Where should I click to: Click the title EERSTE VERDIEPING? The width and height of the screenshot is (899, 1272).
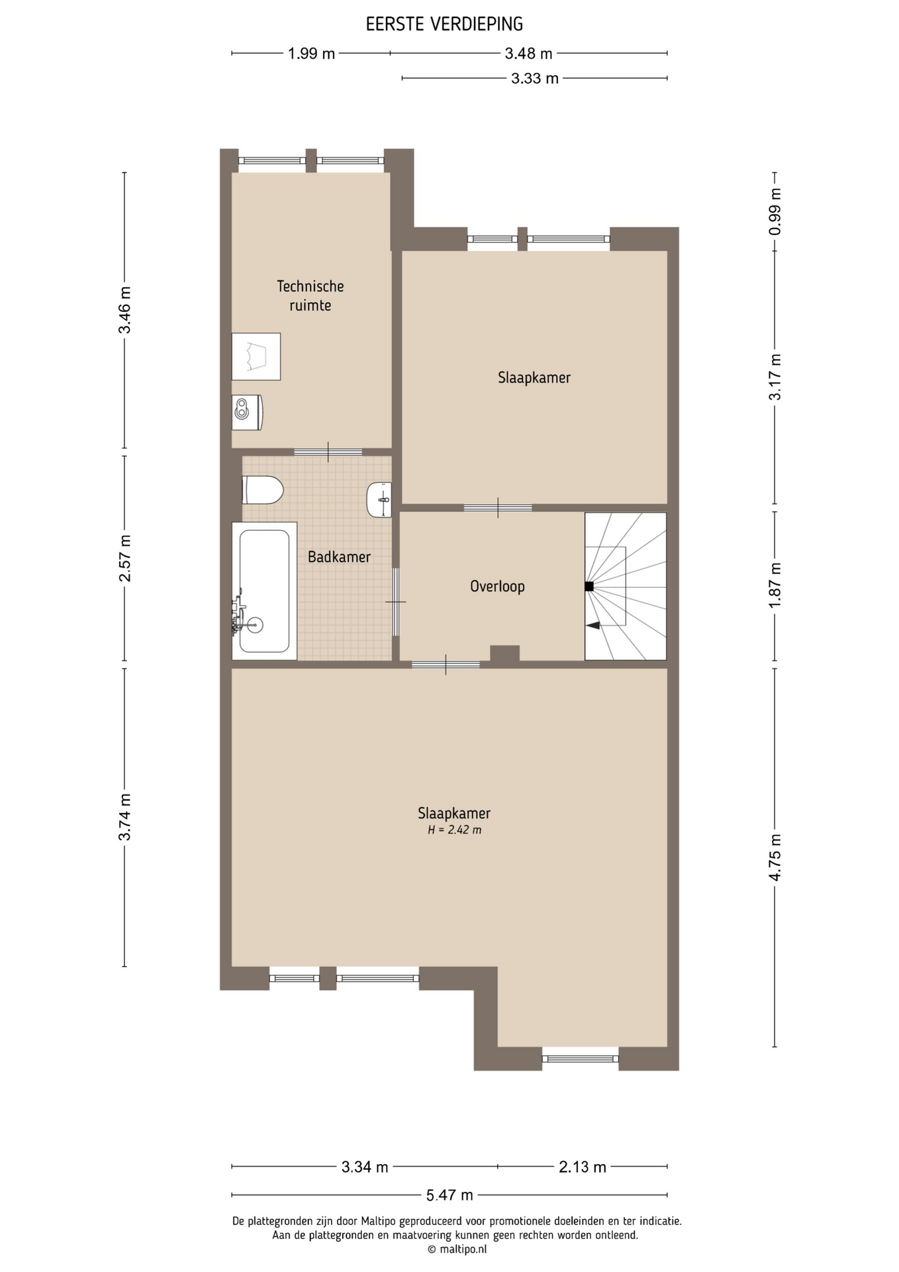pyautogui.click(x=444, y=25)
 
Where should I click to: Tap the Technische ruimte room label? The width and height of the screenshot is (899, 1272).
pyautogui.click(x=310, y=295)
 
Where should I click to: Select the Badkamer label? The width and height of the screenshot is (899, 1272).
pyautogui.click(x=339, y=556)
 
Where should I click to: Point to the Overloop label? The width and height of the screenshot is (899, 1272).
pyautogui.click(x=497, y=586)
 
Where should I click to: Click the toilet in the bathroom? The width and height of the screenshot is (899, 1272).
pyautogui.click(x=263, y=490)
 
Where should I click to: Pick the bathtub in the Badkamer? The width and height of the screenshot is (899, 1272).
pyautogui.click(x=264, y=591)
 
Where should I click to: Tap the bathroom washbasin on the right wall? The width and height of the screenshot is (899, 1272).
pyautogui.click(x=379, y=500)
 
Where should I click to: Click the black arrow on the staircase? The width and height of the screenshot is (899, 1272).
pyautogui.click(x=593, y=625)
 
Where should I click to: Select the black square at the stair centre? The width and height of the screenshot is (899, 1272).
pyautogui.click(x=589, y=586)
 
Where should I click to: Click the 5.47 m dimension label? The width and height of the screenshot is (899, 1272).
pyautogui.click(x=449, y=1195)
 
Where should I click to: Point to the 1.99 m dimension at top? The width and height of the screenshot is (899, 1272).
pyautogui.click(x=311, y=54)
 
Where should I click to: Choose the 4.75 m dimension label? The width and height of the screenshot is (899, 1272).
pyautogui.click(x=775, y=857)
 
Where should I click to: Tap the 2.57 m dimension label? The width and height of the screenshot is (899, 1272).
pyautogui.click(x=124, y=558)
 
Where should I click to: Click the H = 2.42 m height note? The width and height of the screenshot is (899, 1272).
pyautogui.click(x=454, y=830)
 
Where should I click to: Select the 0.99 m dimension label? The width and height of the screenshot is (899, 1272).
pyautogui.click(x=775, y=211)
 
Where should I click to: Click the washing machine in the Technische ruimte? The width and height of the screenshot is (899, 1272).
pyautogui.click(x=256, y=356)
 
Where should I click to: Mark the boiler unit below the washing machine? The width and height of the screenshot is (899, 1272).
pyautogui.click(x=247, y=412)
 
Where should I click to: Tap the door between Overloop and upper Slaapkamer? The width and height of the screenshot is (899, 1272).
pyautogui.click(x=498, y=508)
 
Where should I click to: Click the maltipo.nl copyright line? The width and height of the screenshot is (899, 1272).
pyautogui.click(x=457, y=1249)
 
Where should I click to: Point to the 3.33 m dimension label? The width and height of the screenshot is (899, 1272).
pyautogui.click(x=535, y=79)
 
